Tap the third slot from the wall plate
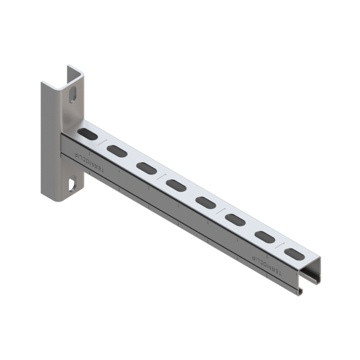coord(146,167)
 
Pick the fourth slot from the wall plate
coord(176,184)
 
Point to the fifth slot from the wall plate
coord(206,202)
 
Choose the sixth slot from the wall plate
coord(235,219)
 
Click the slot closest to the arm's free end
coord(295,254)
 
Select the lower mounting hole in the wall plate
coord(72,183)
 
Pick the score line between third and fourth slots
coord(161,176)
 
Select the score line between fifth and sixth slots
coord(221,210)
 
